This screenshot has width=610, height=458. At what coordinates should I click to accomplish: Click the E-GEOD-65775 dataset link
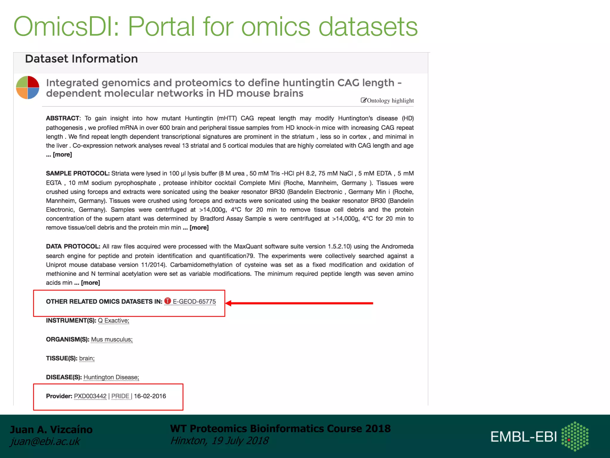click(194, 301)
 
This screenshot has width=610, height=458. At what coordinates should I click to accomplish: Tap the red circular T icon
click(168, 301)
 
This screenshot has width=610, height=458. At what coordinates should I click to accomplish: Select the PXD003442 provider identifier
click(90, 396)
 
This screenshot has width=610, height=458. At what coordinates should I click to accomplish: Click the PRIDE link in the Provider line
click(120, 396)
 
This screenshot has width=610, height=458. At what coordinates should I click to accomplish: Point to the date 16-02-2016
click(150, 396)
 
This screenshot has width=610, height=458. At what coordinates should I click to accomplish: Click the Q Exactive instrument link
click(113, 321)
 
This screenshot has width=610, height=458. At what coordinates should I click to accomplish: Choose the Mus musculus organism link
click(112, 339)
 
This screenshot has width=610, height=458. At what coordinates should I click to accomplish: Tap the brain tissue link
click(87, 358)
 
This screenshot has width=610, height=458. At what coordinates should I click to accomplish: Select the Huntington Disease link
click(111, 377)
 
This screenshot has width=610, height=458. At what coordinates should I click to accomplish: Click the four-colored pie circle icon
click(27, 87)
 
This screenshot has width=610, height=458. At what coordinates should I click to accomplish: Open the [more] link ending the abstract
click(62, 154)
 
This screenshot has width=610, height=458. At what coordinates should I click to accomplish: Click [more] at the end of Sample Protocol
click(199, 228)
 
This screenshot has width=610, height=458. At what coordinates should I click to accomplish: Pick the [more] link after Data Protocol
click(90, 283)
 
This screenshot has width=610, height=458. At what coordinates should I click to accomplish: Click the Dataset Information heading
click(81, 59)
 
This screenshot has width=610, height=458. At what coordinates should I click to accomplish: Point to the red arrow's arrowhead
click(229, 303)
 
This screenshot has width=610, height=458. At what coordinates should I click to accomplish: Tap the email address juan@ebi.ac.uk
click(45, 441)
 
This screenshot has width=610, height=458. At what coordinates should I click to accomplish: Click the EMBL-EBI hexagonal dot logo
click(575, 436)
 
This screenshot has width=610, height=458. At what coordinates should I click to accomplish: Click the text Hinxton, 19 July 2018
click(219, 440)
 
